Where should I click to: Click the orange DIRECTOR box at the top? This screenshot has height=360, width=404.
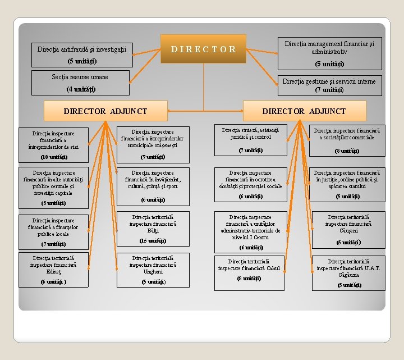(203, 48)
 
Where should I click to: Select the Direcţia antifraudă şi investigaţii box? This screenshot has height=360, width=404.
(81, 54)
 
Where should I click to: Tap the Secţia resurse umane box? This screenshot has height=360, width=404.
(80, 83)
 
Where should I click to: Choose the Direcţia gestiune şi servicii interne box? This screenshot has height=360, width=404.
(329, 85)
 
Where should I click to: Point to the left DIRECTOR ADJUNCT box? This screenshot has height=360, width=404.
(105, 111)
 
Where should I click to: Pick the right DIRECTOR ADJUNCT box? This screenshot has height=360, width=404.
(304, 111)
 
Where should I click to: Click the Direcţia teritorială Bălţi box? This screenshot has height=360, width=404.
(153, 228)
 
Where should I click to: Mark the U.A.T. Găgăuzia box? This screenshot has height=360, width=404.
(348, 273)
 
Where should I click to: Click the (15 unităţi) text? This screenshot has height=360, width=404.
(153, 241)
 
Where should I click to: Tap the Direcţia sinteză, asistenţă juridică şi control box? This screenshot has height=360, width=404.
(250, 140)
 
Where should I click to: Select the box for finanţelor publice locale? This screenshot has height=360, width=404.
(53, 231)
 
